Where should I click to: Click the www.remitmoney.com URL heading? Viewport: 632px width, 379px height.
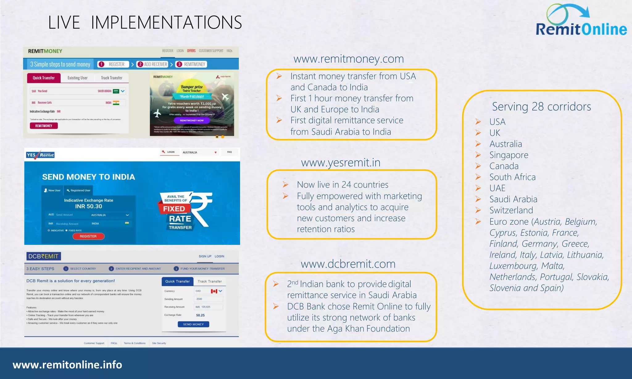click(348, 59)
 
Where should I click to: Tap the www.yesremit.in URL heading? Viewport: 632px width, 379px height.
click(341, 163)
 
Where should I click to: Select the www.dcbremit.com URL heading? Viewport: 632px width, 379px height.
click(348, 264)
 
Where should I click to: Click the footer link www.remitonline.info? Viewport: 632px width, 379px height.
click(67, 365)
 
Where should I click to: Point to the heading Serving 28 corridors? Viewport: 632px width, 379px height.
click(541, 107)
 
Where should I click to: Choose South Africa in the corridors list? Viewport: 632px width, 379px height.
click(512, 177)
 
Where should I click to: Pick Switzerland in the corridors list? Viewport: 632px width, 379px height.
click(511, 210)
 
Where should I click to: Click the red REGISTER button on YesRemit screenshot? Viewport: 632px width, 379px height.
click(88, 236)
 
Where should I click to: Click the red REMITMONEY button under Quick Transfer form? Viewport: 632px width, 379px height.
click(44, 126)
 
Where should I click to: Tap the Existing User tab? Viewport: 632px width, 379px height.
click(77, 78)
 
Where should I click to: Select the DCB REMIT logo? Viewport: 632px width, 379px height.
click(44, 256)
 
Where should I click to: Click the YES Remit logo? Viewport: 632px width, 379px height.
click(40, 155)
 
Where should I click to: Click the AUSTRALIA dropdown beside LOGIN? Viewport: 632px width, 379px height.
click(199, 152)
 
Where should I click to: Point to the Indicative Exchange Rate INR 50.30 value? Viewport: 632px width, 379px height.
click(89, 206)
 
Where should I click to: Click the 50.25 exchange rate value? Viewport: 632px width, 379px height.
click(200, 315)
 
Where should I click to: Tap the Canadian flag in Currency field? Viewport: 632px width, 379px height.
click(214, 291)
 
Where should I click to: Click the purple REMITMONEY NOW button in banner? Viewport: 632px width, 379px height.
click(192, 121)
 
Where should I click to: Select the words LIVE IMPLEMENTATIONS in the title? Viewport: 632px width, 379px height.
click(145, 23)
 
